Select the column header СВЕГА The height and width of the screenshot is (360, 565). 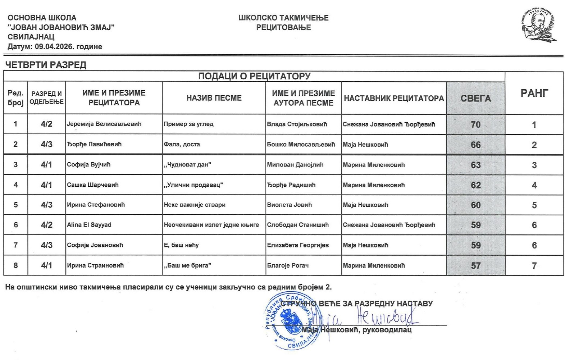475,98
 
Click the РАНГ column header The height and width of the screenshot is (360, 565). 534,93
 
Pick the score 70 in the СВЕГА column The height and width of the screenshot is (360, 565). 475,124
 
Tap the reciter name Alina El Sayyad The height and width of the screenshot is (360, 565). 89,225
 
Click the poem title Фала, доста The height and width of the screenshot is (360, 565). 182,144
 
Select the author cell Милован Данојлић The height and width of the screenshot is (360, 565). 295,165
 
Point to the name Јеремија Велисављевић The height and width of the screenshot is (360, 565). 104,124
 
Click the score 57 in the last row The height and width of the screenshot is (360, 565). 475,265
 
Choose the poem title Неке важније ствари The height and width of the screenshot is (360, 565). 195,205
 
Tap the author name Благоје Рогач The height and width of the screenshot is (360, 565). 288,265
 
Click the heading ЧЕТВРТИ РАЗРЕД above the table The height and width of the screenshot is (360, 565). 46,65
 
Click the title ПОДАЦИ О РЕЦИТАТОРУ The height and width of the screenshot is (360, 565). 254,76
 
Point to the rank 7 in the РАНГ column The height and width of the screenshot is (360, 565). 534,265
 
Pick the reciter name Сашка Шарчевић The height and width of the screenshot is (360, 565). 93,185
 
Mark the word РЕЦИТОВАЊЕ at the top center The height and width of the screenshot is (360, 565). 283,27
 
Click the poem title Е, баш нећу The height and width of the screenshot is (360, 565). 181,245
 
